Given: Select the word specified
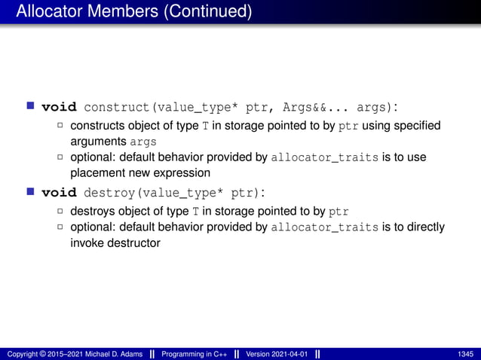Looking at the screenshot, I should [418, 125].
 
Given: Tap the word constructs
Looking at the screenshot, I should [97, 125].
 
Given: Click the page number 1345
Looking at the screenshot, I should [466, 354].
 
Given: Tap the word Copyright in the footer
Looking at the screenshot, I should [22, 354].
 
